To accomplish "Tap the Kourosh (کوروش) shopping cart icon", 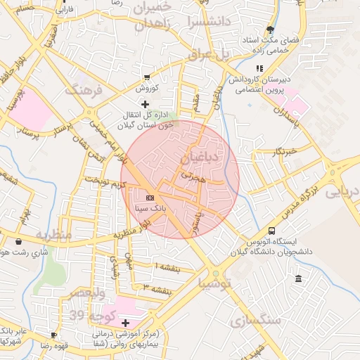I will coord(146,77).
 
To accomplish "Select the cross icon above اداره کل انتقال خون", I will coord(146,105).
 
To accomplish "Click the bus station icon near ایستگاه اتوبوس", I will coord(271,231).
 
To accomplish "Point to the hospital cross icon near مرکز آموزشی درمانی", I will coord(126,323).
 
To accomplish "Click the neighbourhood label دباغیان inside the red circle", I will coord(205,155).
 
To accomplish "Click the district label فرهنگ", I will coord(83,89).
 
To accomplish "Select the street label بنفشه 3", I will coord(156,288).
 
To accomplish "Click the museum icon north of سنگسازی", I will coord(300,279).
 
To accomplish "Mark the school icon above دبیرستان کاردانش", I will coord(259,68).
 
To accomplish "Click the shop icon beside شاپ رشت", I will coord(18,241).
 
